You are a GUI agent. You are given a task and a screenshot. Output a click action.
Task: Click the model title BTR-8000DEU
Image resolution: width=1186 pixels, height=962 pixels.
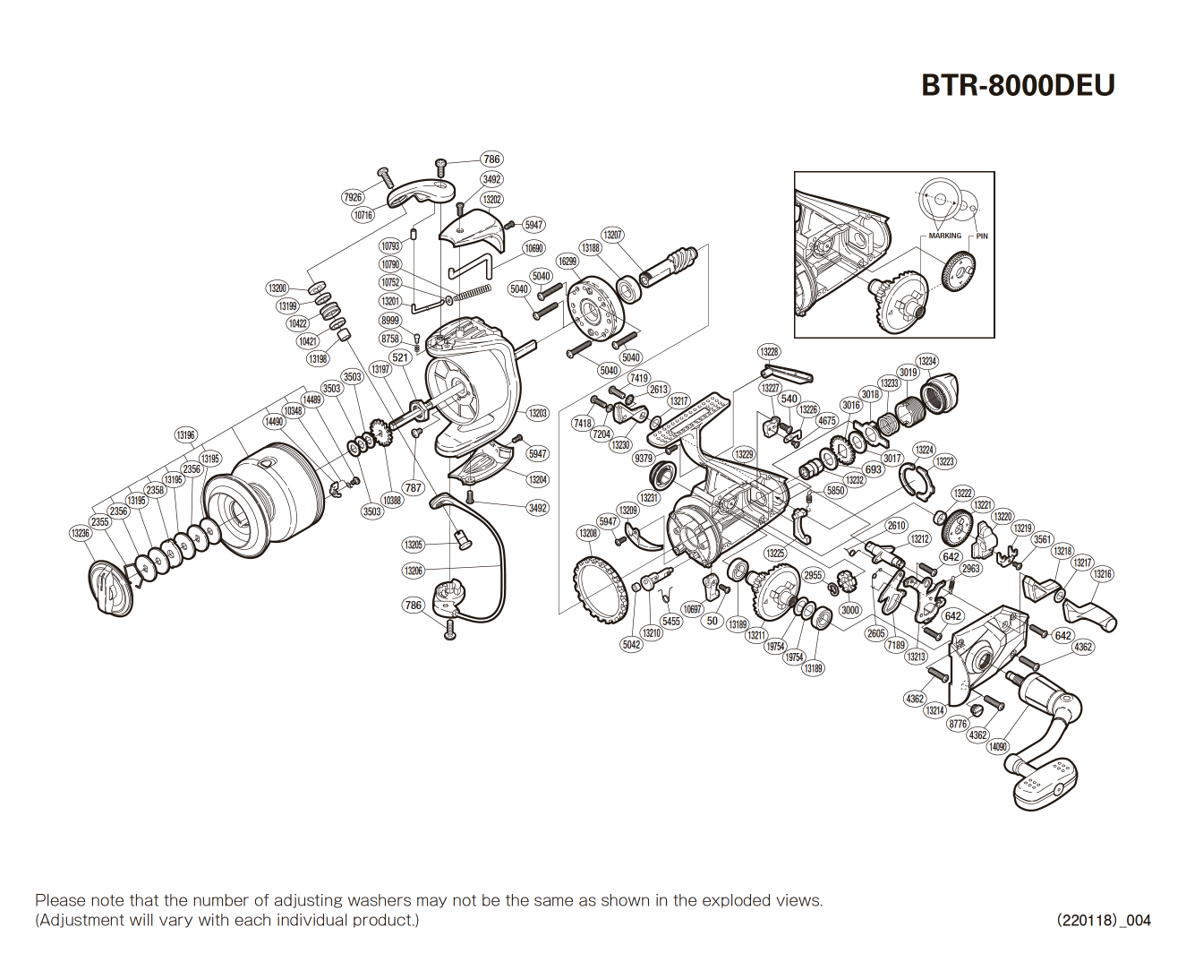(1018, 85)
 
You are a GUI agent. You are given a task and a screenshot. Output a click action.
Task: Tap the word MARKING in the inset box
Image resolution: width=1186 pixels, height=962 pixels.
(944, 236)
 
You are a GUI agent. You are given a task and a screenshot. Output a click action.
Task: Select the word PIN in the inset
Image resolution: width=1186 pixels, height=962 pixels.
(982, 236)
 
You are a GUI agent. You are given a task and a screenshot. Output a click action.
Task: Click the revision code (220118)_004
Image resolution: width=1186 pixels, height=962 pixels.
(1103, 920)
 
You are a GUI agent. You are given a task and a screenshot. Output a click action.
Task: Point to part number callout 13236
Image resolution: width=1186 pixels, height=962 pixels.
(81, 533)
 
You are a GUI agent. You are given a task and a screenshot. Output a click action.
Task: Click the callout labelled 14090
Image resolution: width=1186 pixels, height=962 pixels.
(998, 746)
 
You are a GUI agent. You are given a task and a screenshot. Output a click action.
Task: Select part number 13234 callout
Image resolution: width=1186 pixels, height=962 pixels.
(927, 361)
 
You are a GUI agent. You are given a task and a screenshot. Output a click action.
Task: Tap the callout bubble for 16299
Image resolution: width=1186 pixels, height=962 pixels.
(567, 262)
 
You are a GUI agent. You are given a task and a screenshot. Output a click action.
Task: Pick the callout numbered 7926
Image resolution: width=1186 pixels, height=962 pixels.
(353, 197)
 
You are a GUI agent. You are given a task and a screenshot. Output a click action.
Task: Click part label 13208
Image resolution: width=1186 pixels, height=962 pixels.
(588, 533)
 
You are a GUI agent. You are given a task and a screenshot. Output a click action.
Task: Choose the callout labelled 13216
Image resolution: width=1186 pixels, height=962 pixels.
(1103, 574)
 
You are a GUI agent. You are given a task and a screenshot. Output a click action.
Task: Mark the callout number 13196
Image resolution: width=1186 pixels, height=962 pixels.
(185, 435)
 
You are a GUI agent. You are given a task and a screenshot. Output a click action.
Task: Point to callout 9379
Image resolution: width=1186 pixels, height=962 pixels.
(644, 458)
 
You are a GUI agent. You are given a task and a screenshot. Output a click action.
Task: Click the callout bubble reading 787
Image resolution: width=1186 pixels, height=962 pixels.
(413, 488)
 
